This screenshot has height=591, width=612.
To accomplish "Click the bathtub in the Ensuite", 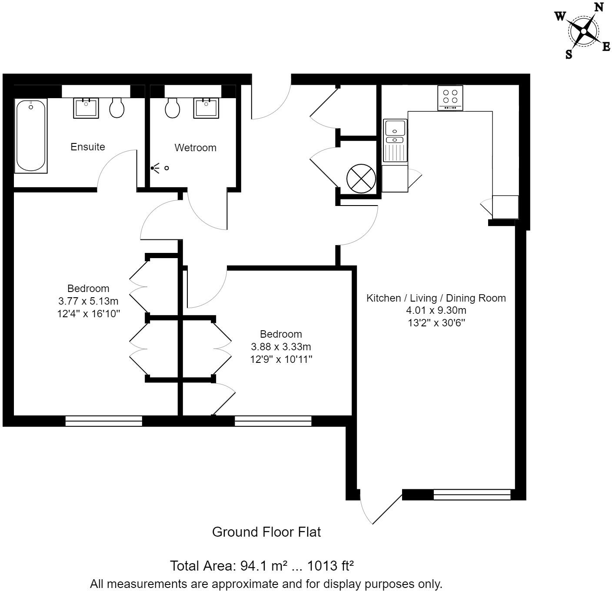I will [31, 136].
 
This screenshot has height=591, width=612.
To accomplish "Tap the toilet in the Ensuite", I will [116, 108].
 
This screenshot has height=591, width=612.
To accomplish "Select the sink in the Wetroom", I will [207, 108].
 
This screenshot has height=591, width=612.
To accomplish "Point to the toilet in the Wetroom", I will [173, 107].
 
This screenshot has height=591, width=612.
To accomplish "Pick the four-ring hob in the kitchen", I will [450, 98].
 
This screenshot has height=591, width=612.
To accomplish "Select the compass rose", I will [583, 30].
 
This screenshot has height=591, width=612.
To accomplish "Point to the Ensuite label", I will [88, 147].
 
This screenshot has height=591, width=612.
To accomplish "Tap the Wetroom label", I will [195, 148].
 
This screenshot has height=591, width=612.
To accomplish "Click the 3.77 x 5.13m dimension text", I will [88, 301].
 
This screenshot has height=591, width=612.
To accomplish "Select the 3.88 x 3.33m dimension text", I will [281, 347].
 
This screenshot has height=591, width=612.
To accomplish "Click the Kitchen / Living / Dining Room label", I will [436, 298].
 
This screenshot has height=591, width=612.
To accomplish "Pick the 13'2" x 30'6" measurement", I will [436, 323].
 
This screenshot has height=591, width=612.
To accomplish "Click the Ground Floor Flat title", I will [266, 532].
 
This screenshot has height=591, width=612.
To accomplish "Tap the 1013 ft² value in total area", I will [330, 566].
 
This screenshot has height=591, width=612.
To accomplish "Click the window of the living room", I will [472, 495].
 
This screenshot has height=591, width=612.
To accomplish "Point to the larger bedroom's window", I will [103, 421].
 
